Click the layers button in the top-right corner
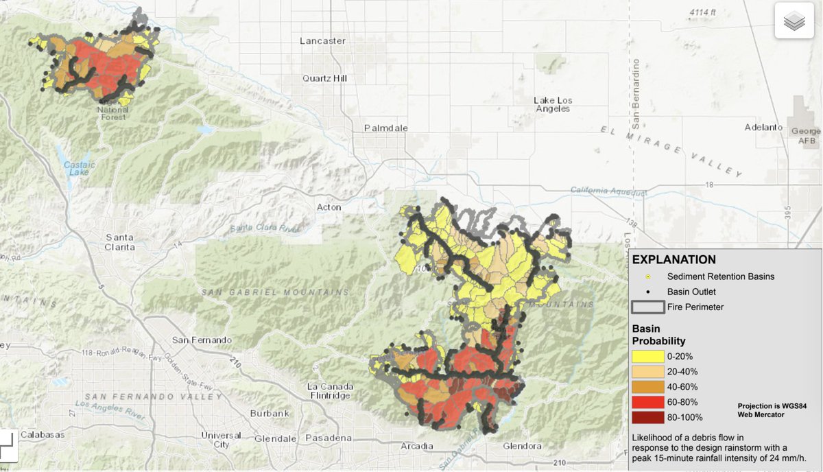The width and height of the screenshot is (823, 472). tap(794, 21)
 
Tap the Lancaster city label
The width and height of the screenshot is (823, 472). tap(322, 41)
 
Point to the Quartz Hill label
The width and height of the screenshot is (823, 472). tap(325, 78)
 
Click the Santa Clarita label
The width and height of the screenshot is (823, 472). tap(119, 241)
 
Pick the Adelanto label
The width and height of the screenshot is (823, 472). tap(764, 128)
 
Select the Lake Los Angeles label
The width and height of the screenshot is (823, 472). tap(552, 104)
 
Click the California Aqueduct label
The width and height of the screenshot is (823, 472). tap(608, 190)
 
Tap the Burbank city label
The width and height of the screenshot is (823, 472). tap(270, 413)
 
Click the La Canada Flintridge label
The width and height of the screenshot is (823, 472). tap(330, 390)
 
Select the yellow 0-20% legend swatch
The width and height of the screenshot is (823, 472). tap(647, 357)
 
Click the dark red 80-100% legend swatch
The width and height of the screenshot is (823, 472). tap(647, 417)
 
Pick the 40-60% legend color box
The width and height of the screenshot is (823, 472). tap(647, 387)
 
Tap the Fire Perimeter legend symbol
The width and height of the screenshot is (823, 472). tap(647, 307)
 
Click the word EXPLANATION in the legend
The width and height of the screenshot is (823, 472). tap(673, 259)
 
